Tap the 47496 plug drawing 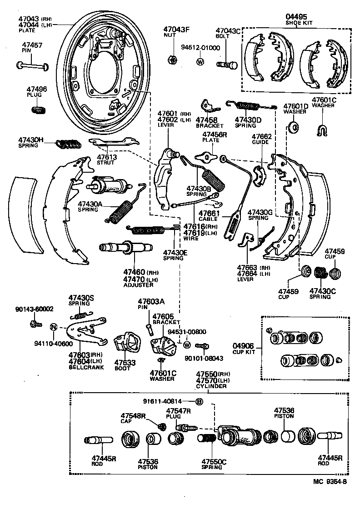pos(37,109)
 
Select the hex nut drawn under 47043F pos(172,60)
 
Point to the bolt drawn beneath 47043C pos(227,65)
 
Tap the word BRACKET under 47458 pos(210,125)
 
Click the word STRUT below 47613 pos(106,162)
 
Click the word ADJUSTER pos(138,285)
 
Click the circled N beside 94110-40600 pos(53,327)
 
